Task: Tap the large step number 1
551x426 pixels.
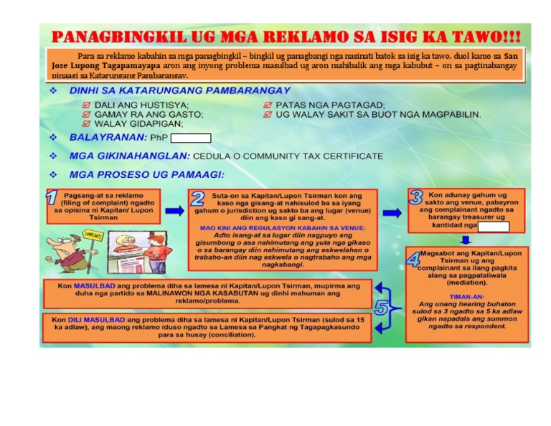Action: point(52,198)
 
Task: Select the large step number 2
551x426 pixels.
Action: point(198,199)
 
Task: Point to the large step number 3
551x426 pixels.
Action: point(417,197)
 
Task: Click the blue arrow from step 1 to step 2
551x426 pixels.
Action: point(174,211)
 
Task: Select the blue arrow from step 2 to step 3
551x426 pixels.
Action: point(392,213)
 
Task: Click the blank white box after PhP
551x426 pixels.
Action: point(190,138)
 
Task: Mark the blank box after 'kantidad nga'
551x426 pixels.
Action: point(493,227)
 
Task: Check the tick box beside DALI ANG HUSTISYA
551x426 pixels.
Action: point(87,105)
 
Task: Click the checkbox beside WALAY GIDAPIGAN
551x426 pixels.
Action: point(87,123)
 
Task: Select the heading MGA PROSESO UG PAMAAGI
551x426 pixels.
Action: point(146,174)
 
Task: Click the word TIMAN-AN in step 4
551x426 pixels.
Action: point(466,296)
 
